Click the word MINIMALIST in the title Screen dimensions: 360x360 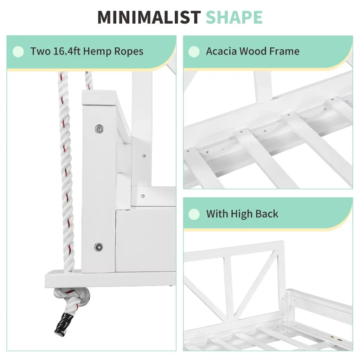[x=149, y=17]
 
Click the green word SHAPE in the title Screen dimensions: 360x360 [x=234, y=17]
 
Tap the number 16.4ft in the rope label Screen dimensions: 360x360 [x=67, y=51]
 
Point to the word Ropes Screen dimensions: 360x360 [x=129, y=52]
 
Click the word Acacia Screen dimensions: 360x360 [x=221, y=51]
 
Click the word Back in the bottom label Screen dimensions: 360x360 [x=267, y=213]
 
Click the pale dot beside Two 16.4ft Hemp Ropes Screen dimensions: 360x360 [x=18, y=51]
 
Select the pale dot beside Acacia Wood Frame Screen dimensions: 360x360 [x=194, y=51]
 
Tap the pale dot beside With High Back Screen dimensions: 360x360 [x=194, y=214]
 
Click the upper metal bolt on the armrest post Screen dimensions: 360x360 [x=99, y=129]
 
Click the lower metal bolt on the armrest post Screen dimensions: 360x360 [x=99, y=247]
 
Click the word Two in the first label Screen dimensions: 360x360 [x=40, y=51]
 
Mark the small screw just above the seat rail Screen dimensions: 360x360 [x=143, y=196]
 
